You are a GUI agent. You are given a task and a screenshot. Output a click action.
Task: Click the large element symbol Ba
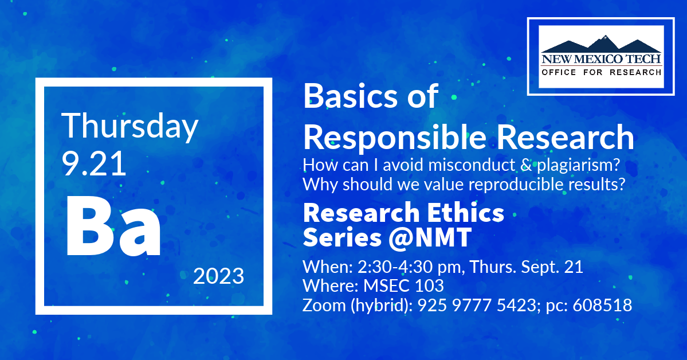click(113, 227)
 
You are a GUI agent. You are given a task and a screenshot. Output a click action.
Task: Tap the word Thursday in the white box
click(130, 127)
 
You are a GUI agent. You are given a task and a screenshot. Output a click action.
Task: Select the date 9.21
click(94, 163)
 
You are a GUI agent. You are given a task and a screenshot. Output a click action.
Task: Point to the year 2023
click(219, 276)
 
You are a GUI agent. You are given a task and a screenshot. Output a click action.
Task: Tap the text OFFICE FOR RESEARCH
click(601, 72)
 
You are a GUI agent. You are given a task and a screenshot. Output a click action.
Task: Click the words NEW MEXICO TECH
click(601, 58)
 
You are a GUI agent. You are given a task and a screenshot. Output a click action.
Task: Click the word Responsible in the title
click(395, 138)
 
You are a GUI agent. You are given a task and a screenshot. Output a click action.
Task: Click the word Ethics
click(466, 213)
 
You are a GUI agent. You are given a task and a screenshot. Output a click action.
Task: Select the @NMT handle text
click(430, 238)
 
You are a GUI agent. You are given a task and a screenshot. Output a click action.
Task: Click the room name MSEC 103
click(403, 286)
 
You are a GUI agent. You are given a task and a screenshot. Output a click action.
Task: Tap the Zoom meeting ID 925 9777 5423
click(476, 305)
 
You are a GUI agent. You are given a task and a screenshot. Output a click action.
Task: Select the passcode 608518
click(602, 305)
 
